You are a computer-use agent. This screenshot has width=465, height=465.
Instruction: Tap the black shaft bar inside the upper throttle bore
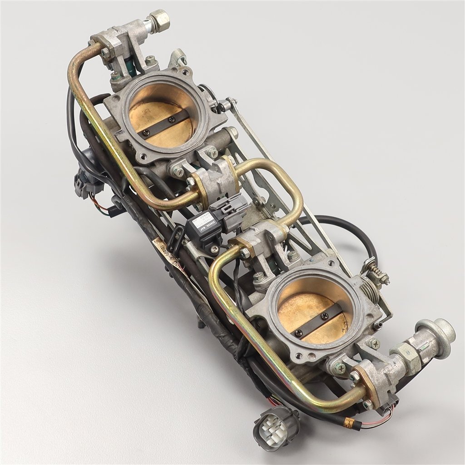(x=164, y=124)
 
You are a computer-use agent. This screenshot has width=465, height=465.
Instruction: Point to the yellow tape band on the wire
(x=349, y=423)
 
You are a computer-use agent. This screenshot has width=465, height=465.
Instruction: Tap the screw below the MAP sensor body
(x=214, y=248)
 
